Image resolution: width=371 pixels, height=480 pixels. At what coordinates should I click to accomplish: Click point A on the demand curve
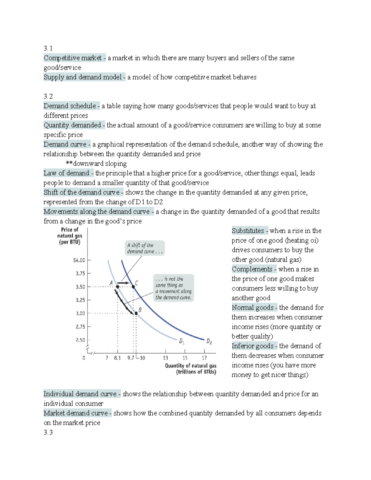[x=117, y=287]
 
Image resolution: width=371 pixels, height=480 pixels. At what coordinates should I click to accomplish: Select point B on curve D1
[x=136, y=313]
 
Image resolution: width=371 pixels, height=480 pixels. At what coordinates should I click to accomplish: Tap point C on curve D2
[x=134, y=287]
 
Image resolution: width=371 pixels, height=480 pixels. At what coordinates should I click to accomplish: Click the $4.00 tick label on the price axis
[x=79, y=260]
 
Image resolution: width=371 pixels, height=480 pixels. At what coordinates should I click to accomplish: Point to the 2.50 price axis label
[x=80, y=340]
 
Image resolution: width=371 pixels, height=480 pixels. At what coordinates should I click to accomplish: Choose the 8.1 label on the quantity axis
[x=117, y=358]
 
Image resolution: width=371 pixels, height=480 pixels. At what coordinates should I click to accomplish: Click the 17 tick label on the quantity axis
[x=204, y=358]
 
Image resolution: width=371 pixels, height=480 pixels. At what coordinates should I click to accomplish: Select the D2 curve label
[x=209, y=342]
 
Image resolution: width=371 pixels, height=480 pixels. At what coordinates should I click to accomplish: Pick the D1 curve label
[x=182, y=342]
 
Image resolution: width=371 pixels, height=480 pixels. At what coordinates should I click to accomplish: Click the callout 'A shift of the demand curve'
[x=145, y=248]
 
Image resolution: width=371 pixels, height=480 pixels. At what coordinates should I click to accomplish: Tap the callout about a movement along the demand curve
[x=173, y=288]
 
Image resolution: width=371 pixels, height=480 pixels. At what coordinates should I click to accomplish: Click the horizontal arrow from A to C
[x=124, y=283]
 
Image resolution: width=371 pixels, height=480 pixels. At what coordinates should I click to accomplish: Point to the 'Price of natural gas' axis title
[x=70, y=236]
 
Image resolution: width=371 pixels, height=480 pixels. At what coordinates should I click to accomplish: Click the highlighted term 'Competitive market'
[x=73, y=58]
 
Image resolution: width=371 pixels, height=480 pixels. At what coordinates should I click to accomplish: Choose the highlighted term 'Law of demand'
[x=66, y=173]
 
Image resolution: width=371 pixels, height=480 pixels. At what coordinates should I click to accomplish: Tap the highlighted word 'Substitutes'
[x=248, y=231]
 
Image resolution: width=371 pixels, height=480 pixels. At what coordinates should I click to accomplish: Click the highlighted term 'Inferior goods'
[x=253, y=346]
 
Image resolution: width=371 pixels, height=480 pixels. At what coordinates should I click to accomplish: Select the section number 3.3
[x=48, y=432]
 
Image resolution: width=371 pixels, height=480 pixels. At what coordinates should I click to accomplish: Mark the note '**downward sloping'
[x=96, y=164]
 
